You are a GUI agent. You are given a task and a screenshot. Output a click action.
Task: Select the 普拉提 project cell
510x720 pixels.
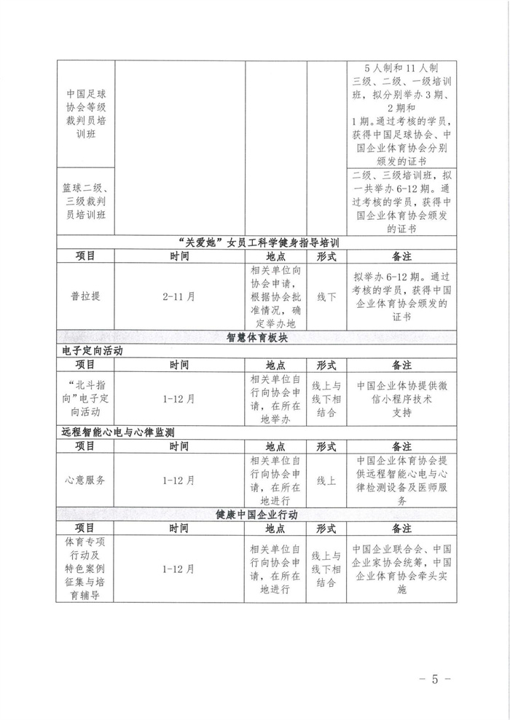pyautogui.click(x=85, y=296)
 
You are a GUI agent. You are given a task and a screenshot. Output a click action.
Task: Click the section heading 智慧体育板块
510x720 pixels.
pyautogui.click(x=257, y=337)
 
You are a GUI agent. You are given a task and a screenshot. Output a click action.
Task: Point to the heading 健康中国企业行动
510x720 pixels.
pyautogui.click(x=257, y=514)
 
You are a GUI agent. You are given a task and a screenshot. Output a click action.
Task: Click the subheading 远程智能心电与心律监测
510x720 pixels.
pyautogui.click(x=122, y=432)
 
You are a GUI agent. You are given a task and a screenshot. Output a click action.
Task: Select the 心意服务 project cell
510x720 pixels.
pyautogui.click(x=85, y=480)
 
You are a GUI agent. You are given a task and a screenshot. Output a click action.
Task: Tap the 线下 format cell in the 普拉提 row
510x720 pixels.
pyautogui.click(x=326, y=296)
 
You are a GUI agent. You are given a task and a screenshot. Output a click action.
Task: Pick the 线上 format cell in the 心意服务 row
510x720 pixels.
pyautogui.click(x=326, y=480)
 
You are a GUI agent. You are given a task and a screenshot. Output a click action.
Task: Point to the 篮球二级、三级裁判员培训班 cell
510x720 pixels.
pyautogui.click(x=85, y=202)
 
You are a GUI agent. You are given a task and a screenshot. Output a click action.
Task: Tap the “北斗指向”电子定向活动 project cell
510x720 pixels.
pyautogui.click(x=85, y=398)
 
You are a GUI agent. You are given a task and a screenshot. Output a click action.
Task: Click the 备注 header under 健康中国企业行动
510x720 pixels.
pyautogui.click(x=401, y=528)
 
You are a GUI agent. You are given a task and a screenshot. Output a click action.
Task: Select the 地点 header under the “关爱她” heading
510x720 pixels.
pyautogui.click(x=275, y=256)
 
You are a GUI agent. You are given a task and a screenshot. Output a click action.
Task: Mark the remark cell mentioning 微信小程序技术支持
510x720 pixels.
pyautogui.click(x=401, y=398)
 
